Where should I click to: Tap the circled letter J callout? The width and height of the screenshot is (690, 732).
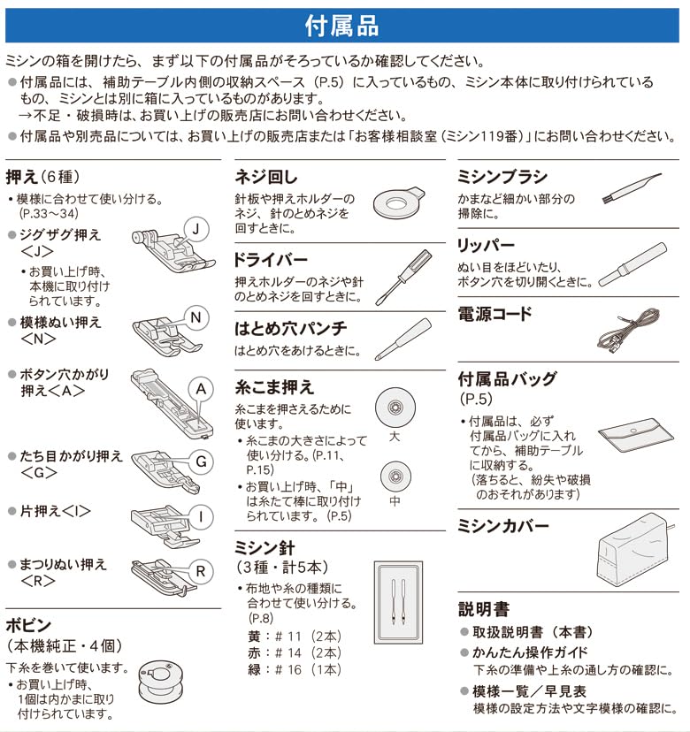pos(198,230)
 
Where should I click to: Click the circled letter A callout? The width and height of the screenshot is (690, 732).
pos(201,389)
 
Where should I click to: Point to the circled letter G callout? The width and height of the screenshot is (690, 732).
pos(201,461)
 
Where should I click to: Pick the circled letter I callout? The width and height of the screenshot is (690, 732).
pos(201,516)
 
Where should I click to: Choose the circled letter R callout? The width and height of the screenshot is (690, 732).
pos(201,571)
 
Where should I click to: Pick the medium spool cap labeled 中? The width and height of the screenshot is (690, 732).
pos(395,477)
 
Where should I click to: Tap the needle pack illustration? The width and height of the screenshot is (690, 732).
pos(397,599)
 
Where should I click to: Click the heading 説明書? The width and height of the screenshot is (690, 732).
pos(484,609)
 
